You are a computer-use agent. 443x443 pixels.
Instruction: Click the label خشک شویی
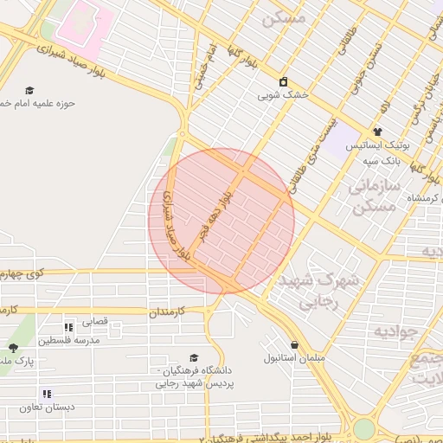(280, 96)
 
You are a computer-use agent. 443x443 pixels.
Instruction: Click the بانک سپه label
(381, 159)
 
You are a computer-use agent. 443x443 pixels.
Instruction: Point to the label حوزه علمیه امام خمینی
(38, 103)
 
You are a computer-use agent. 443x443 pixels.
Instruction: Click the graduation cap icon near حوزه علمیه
(29, 90)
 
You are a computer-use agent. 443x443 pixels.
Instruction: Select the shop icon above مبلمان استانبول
(294, 344)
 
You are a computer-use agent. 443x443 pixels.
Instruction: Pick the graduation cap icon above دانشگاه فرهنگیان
(195, 357)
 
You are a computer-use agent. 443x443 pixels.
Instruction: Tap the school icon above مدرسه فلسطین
(67, 327)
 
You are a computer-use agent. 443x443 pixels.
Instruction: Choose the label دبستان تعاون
(50, 406)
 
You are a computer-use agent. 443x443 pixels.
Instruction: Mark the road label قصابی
(95, 321)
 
